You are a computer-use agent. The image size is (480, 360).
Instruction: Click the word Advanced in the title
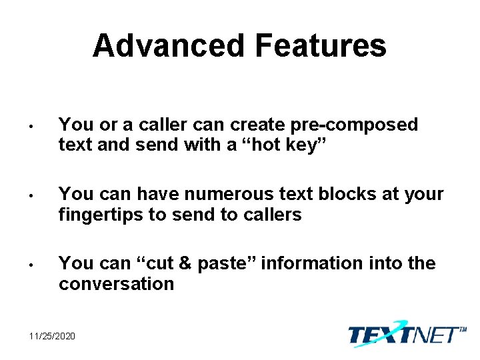169,46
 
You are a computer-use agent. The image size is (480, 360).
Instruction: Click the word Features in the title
321,46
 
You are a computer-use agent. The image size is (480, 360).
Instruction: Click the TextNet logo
405,334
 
